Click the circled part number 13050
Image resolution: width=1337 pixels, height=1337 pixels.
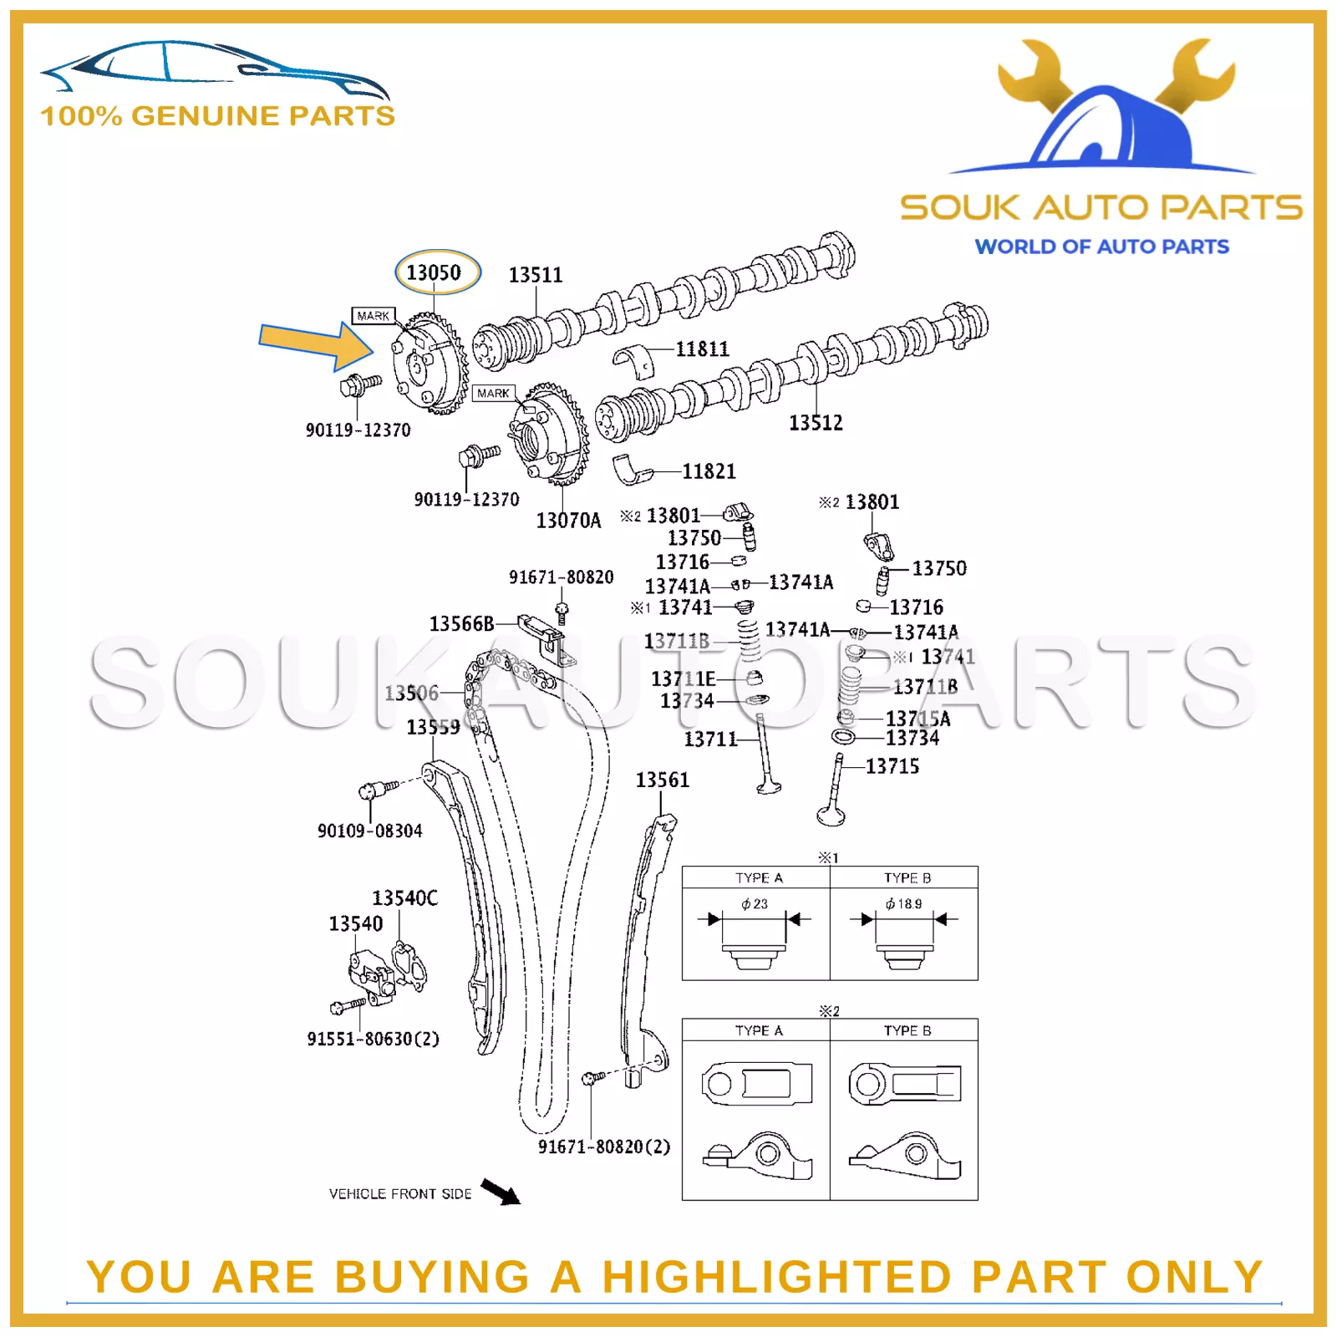click(434, 272)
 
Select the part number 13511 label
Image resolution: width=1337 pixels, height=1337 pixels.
click(536, 275)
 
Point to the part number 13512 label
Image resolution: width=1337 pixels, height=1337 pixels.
click(816, 423)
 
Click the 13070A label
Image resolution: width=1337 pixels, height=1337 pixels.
click(568, 521)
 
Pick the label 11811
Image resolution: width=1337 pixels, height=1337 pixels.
click(702, 349)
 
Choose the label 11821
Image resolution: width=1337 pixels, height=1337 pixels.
click(709, 472)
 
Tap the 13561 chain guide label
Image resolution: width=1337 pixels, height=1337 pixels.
click(662, 780)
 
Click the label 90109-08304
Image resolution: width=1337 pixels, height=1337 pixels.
click(369, 831)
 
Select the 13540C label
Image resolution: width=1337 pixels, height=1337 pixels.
click(404, 898)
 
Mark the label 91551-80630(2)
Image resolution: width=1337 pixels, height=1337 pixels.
click(373, 1039)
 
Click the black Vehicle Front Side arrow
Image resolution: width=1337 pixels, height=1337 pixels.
click(501, 1192)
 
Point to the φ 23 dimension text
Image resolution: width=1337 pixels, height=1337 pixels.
click(754, 904)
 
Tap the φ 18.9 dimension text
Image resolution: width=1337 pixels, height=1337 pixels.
click(903, 904)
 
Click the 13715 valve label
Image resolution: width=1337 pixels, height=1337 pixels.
click(892, 766)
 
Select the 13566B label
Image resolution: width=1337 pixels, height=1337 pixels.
click(461, 624)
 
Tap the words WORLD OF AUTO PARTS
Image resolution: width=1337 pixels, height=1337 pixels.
click(1101, 247)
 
